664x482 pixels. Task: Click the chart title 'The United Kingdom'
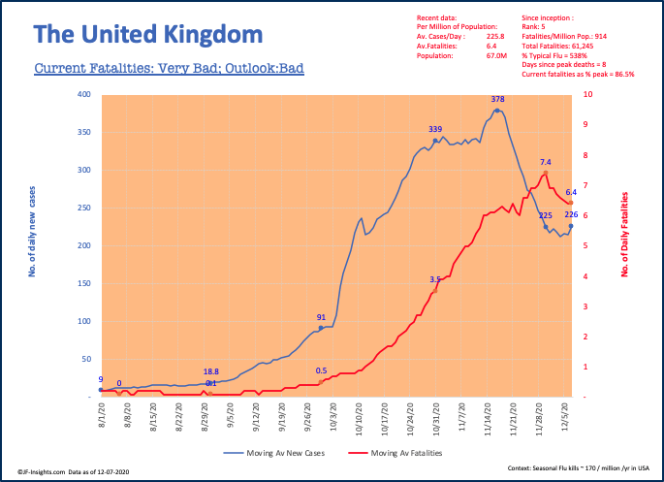coord(148,36)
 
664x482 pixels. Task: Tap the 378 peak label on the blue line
coord(498,99)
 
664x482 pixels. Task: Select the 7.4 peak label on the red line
coord(546,162)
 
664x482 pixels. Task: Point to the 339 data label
coord(435,129)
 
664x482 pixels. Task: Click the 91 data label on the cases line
coord(321,317)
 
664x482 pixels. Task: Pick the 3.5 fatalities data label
coord(435,279)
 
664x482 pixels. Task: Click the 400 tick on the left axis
coord(85,95)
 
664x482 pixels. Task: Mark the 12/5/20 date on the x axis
coord(566,420)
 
